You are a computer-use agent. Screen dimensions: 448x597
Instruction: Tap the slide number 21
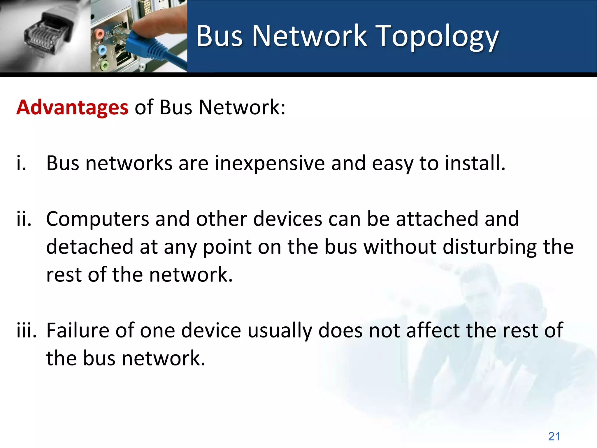coord(554,436)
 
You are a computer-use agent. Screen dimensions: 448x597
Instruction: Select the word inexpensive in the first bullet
coord(270,163)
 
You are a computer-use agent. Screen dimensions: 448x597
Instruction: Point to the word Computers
coord(97,219)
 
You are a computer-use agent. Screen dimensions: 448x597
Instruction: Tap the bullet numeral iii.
coord(26,330)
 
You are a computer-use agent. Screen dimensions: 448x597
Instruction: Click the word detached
coord(89,247)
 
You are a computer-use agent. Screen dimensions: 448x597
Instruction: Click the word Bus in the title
coord(219,36)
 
